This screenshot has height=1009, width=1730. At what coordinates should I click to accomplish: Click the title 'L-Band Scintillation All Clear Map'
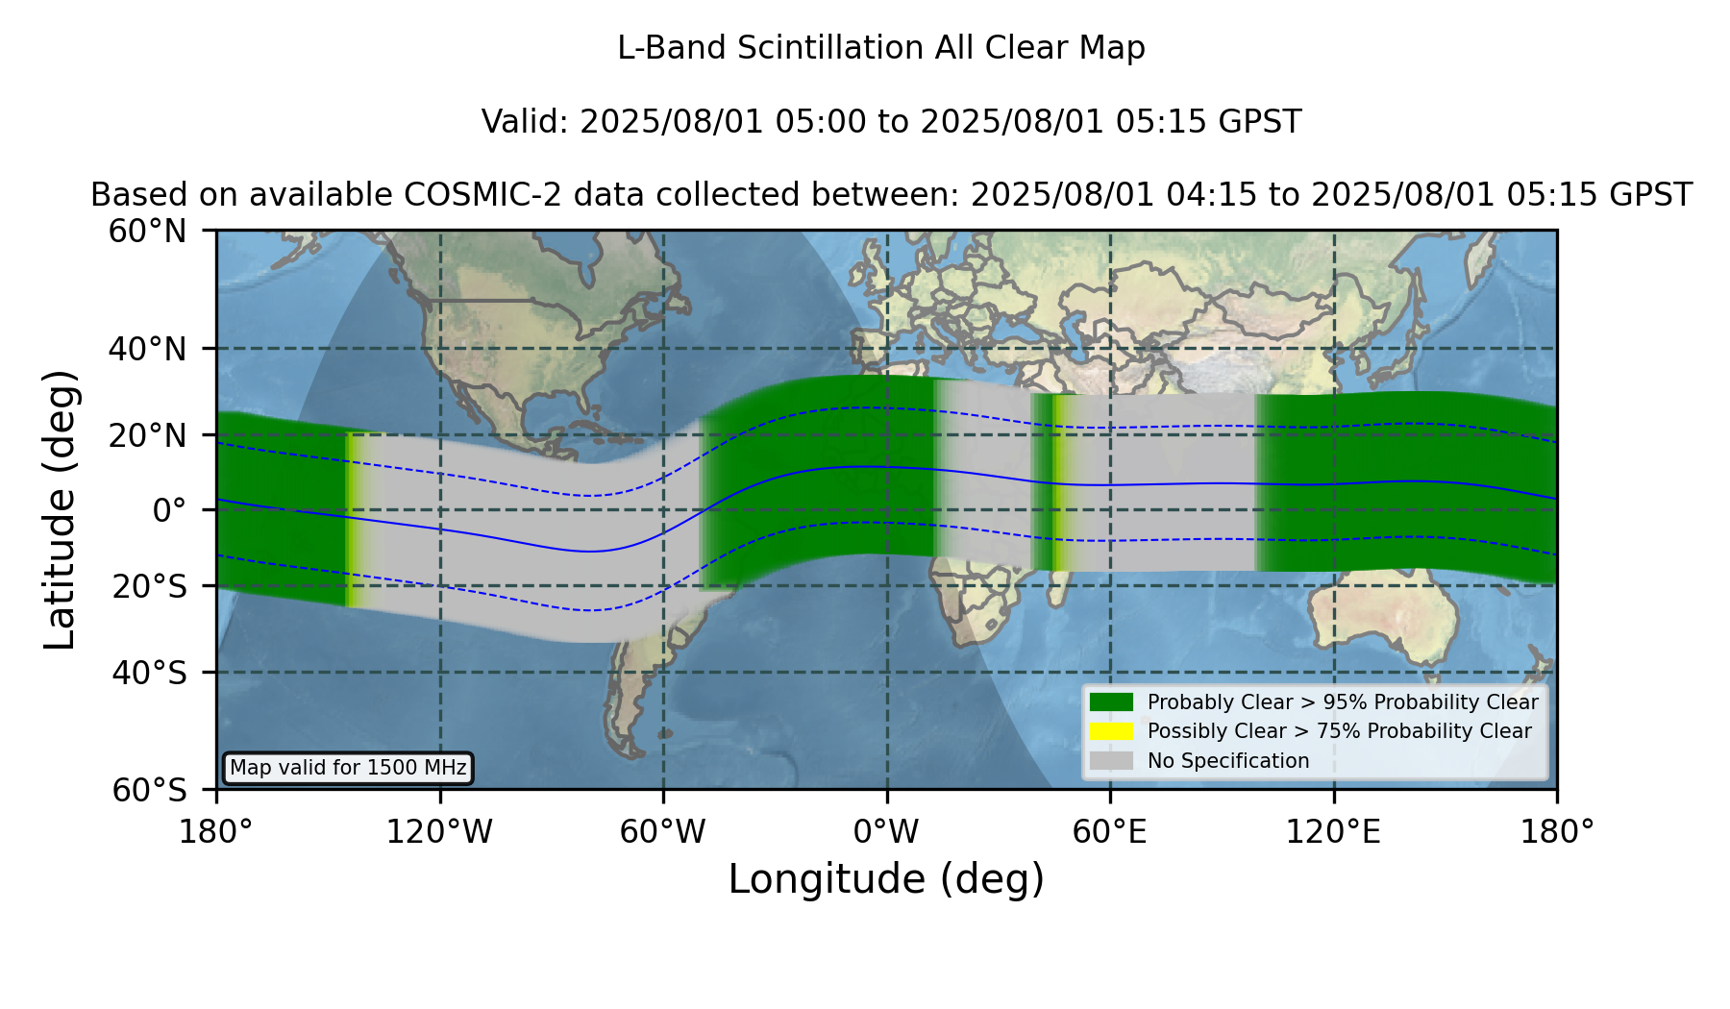pyautogui.click(x=881, y=48)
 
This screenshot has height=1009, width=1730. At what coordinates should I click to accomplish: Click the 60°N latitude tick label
pyautogui.click(x=147, y=231)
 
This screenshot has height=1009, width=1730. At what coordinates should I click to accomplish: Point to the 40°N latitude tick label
pyautogui.click(x=147, y=349)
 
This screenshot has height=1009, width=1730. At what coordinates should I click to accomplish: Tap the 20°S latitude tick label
pyautogui.click(x=149, y=586)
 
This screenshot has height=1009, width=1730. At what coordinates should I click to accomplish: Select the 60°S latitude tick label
pyautogui.click(x=149, y=790)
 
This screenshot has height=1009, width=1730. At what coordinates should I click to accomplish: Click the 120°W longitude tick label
pyautogui.click(x=439, y=832)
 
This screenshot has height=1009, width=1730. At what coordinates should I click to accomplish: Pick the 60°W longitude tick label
pyautogui.click(x=663, y=832)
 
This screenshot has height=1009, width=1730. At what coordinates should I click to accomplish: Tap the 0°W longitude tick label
pyautogui.click(x=886, y=832)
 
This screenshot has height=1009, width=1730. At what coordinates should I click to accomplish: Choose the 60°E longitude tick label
pyautogui.click(x=1110, y=832)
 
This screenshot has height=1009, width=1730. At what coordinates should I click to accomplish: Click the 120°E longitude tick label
pyautogui.click(x=1333, y=832)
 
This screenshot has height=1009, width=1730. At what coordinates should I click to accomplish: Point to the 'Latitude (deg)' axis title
pyautogui.click(x=60, y=509)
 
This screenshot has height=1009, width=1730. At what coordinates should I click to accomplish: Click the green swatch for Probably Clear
pyautogui.click(x=1112, y=701)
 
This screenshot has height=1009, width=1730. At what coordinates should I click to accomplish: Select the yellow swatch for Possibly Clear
pyautogui.click(x=1112, y=731)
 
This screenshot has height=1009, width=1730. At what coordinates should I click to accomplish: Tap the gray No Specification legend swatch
pyautogui.click(x=1112, y=761)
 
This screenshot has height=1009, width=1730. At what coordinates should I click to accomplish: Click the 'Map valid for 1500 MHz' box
pyautogui.click(x=348, y=768)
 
